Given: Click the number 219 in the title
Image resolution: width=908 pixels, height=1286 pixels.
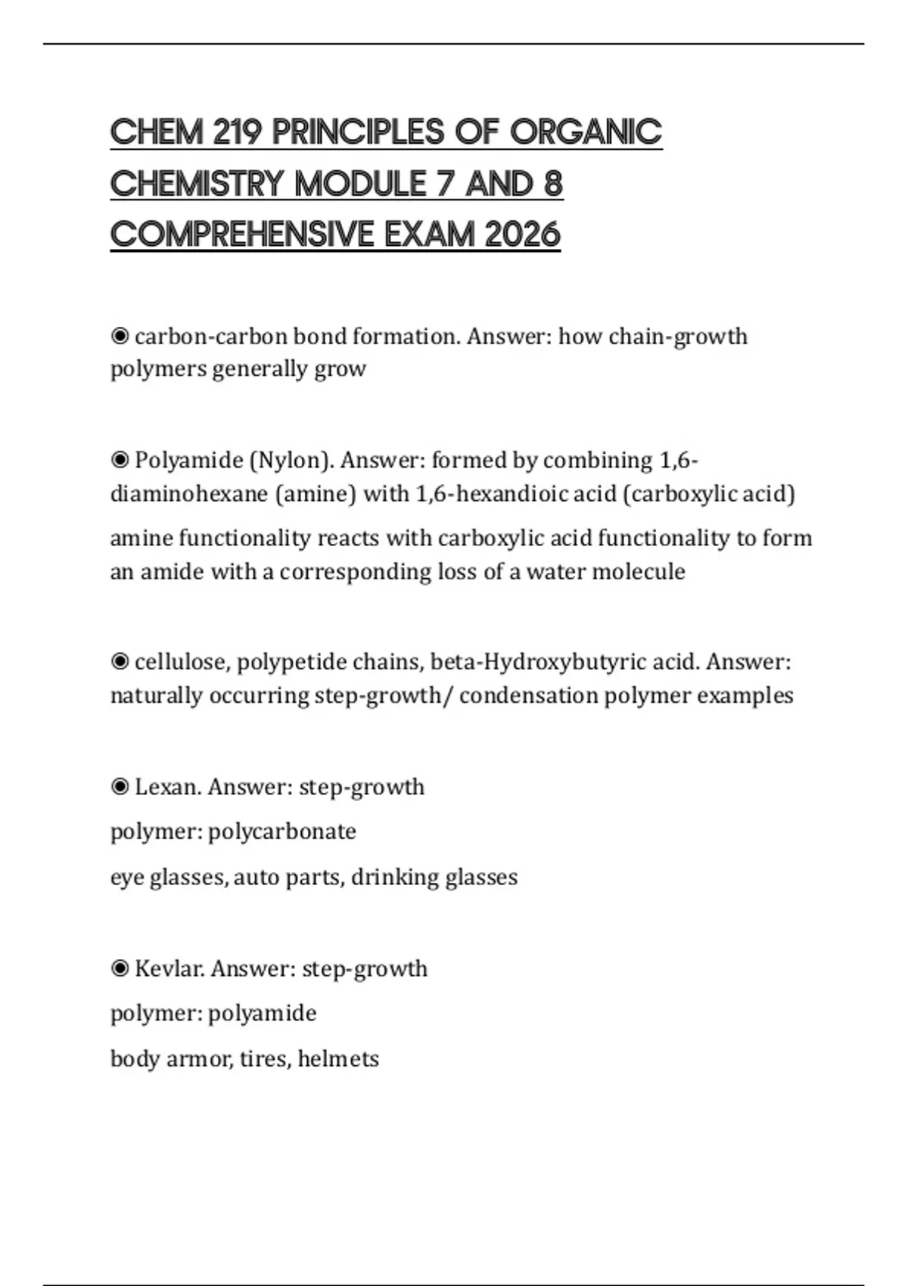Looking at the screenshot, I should point(237,132).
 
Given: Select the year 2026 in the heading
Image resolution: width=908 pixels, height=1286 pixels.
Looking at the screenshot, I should point(522,235).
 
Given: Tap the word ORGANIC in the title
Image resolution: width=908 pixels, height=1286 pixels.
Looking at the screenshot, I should point(586,132).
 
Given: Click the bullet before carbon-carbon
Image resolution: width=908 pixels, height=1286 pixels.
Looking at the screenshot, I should point(120,337).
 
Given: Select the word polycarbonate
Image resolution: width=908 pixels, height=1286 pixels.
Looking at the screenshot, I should point(281,831).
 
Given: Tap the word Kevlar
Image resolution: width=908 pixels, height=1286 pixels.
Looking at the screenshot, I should point(169,968).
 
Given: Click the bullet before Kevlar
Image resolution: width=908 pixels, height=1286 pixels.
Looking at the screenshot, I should point(120,968).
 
